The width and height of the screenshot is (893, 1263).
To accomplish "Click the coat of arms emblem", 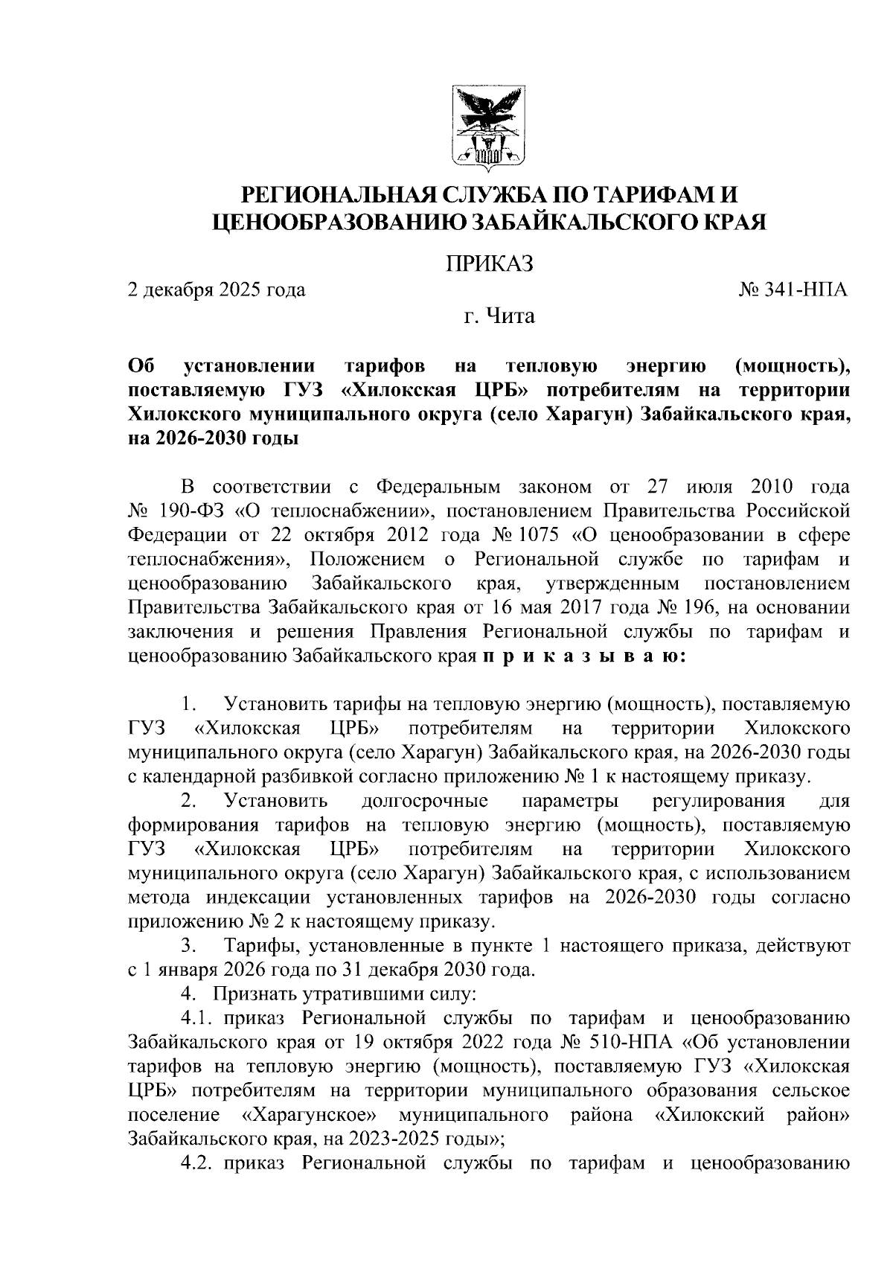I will (489, 127).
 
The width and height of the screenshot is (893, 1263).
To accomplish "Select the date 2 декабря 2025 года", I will (217, 290).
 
